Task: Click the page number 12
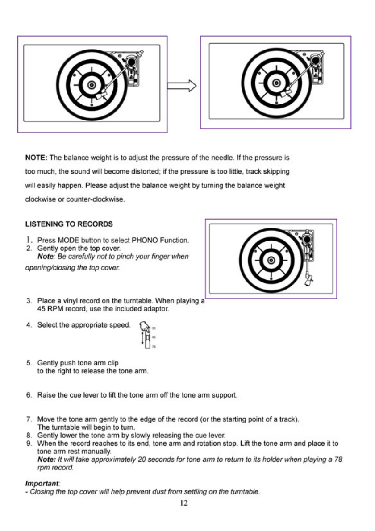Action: pos(184,503)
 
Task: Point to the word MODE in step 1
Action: pos(68,241)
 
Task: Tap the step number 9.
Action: pos(29,444)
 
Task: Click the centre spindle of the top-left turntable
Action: pos(92,84)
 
